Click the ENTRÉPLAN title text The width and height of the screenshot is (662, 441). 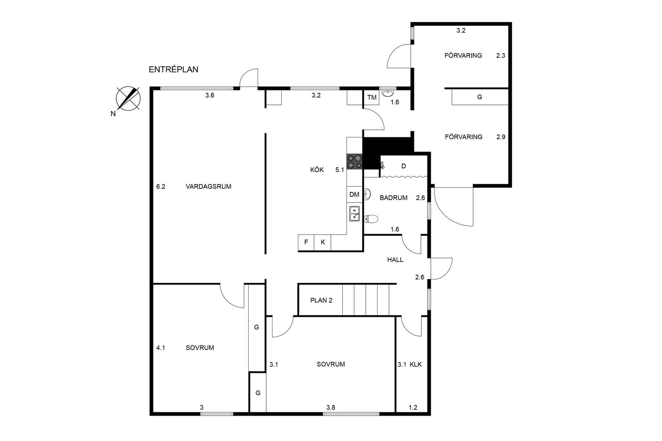173,70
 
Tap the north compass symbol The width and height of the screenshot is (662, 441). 128,99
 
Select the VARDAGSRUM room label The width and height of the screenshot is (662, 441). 208,187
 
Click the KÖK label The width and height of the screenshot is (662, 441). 317,170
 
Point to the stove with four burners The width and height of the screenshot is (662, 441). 355,162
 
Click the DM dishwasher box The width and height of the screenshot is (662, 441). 354,194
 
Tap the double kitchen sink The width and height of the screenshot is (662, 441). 355,214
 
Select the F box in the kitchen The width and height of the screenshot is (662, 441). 306,242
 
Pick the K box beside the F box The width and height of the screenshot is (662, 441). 323,242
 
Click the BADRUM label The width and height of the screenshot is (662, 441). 394,198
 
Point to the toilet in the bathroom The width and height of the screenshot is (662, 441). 371,219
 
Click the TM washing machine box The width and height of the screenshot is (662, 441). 372,98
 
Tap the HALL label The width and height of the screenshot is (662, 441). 395,260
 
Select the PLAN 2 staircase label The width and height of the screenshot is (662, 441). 321,301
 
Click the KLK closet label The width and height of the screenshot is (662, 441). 416,364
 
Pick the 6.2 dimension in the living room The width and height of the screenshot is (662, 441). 161,187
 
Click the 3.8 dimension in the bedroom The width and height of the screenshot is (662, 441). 330,407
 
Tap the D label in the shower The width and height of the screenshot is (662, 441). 404,166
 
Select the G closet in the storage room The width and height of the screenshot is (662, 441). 479,97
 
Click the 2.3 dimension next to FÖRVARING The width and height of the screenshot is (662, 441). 501,55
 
